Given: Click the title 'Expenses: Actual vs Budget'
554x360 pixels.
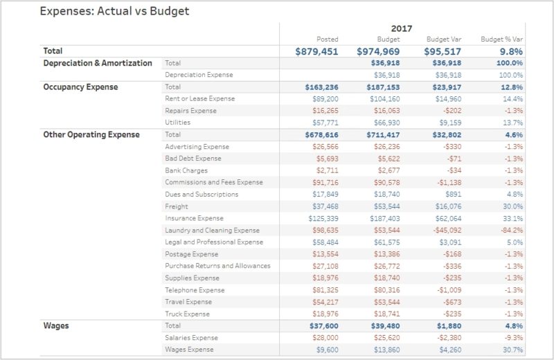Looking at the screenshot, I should [114, 11].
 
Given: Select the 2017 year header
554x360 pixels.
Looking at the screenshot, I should [402, 28].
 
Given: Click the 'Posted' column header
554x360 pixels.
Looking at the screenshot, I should [327, 39].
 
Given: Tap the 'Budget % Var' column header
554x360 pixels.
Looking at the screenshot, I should [502, 39].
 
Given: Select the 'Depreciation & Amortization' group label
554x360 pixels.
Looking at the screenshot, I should [98, 63].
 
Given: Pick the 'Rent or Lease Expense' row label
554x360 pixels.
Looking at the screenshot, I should [200, 99].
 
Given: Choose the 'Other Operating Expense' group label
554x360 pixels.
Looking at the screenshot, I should [91, 134].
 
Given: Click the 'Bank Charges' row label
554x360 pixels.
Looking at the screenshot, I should [186, 170].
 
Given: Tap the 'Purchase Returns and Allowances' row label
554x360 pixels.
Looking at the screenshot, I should [217, 266].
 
